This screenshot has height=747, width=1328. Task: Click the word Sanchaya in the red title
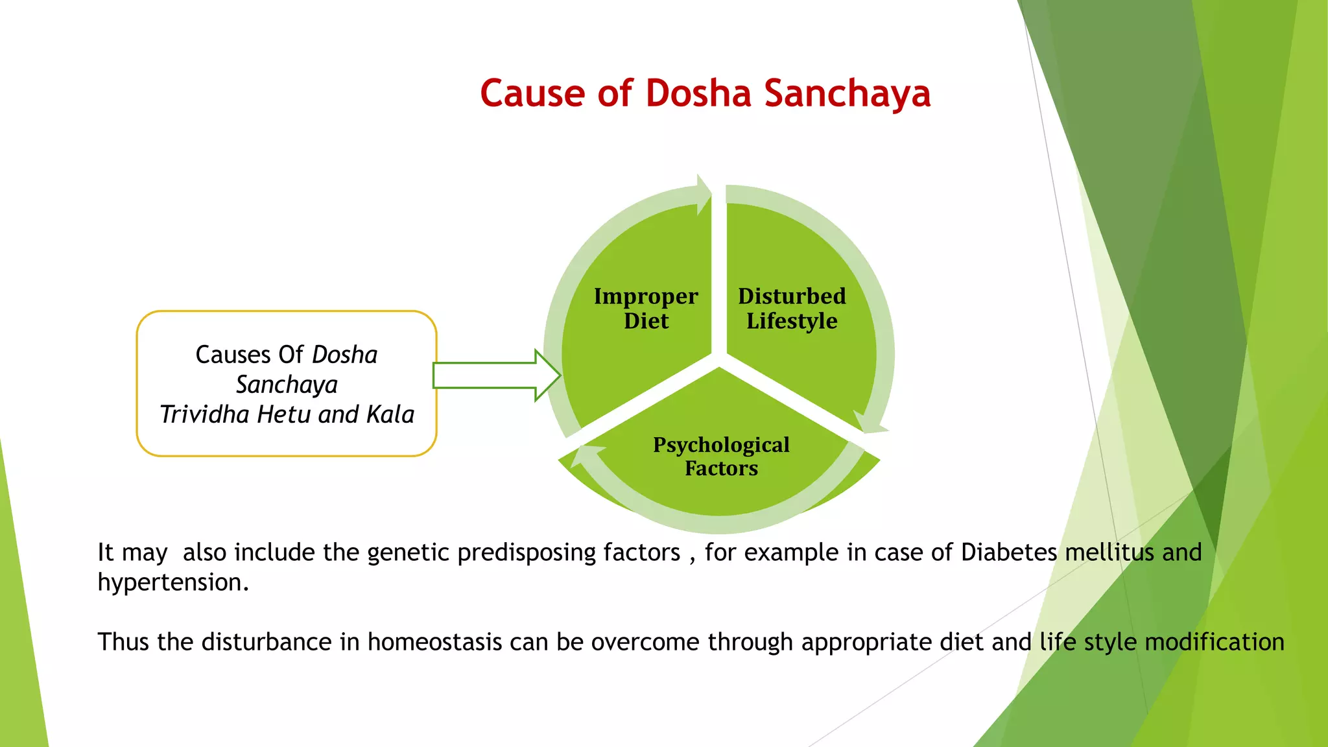pos(848,93)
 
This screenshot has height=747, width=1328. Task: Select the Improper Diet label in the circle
pos(646,309)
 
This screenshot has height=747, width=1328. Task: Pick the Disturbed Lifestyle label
pos(792,309)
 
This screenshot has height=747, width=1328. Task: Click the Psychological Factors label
pos(721,456)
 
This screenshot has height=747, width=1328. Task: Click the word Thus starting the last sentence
pos(124,642)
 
